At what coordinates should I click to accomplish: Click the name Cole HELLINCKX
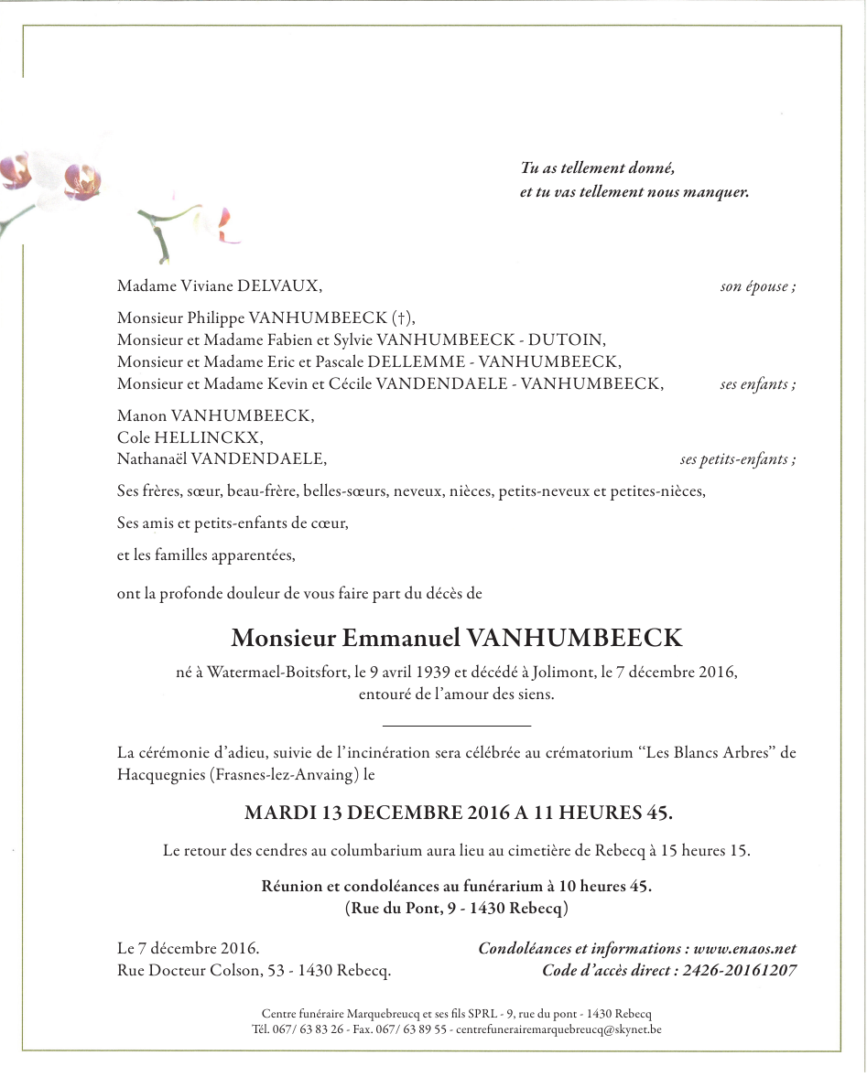coord(190,437)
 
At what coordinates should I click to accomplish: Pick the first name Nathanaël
coord(151,459)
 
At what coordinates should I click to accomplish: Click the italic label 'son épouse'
coord(755,287)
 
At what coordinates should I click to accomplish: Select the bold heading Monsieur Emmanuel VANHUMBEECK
coord(457,638)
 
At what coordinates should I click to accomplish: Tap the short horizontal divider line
coord(456,726)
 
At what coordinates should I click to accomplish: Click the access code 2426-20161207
coord(738,971)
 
